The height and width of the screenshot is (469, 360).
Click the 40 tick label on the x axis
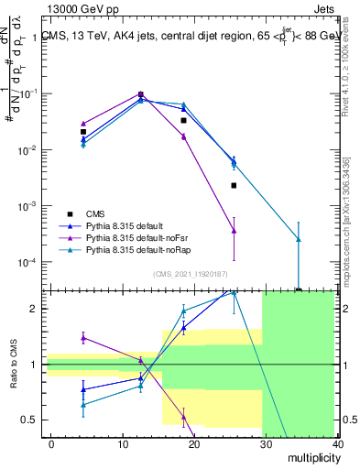339,442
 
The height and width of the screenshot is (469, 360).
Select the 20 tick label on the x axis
195,442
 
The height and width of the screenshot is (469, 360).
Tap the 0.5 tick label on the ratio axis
30,420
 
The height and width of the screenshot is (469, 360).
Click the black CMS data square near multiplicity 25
234,185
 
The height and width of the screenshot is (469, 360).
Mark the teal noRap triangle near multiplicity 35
299,239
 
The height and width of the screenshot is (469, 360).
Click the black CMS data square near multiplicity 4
83,132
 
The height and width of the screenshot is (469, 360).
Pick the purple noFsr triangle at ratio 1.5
83,337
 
